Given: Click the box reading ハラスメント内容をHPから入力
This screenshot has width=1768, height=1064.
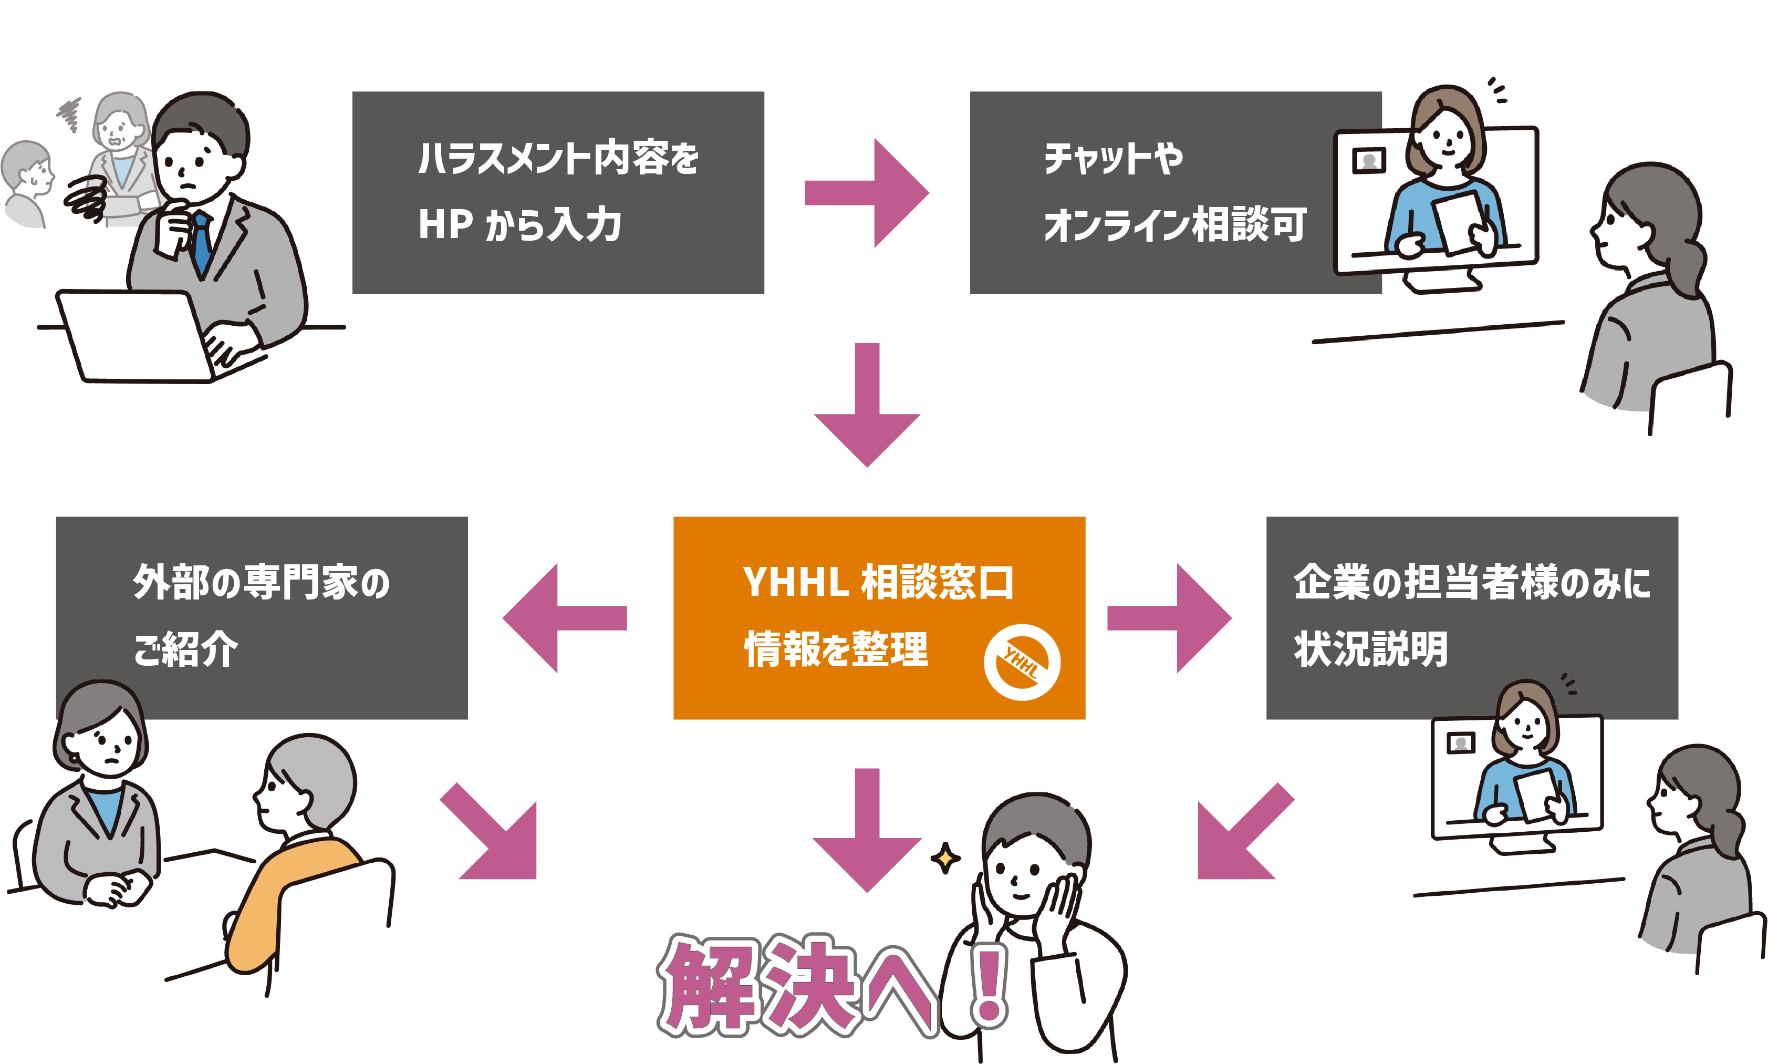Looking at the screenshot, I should click(558, 192).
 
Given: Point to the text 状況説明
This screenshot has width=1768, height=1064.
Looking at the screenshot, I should click(1370, 649).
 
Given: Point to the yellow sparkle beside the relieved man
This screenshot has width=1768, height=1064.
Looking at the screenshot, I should click(945, 858).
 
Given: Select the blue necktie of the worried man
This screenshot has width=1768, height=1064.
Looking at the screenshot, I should click(202, 241).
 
